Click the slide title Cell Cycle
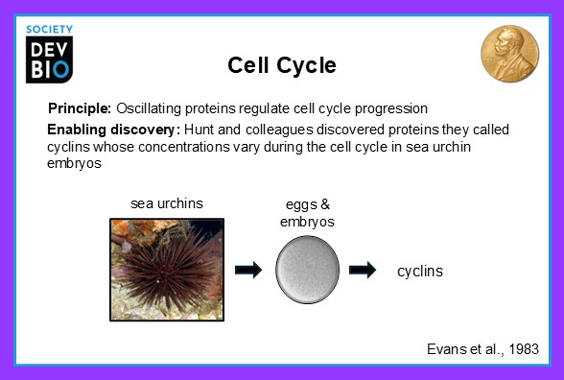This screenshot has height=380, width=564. point(281,65)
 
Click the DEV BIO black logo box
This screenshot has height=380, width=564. point(50,60)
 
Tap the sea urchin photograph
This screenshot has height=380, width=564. point(166,269)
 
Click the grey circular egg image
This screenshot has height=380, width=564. point(306,270)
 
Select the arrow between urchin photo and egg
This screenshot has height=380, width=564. point(247,271)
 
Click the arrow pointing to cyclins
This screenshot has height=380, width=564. point(363,271)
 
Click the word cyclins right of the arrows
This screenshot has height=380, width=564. point(420,272)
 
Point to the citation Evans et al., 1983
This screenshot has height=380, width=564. point(482,348)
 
